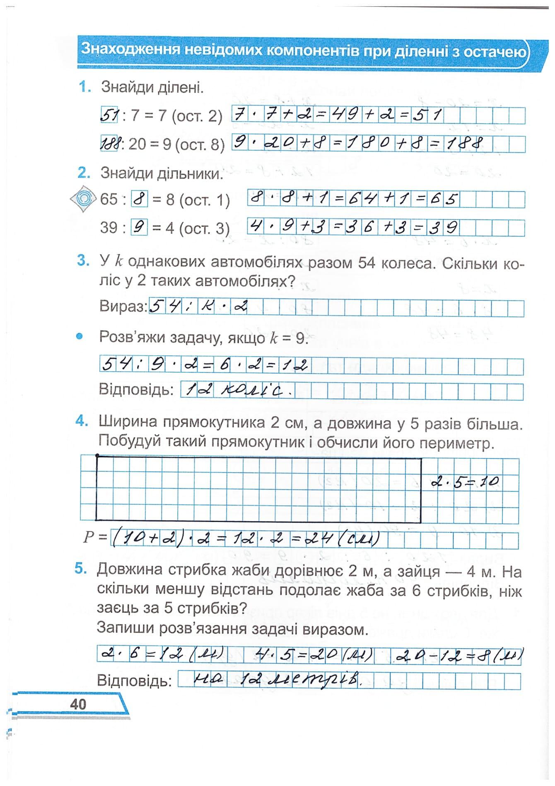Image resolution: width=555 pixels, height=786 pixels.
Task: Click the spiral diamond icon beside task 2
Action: (x=84, y=199)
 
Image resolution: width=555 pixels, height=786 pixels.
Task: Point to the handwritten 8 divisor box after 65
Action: (x=139, y=200)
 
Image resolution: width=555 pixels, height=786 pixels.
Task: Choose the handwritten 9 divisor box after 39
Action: (x=139, y=228)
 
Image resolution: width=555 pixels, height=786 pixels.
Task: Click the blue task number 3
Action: (x=83, y=261)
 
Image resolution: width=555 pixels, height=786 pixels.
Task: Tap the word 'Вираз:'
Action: (x=123, y=306)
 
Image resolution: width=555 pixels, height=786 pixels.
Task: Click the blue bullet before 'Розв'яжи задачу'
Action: (x=80, y=336)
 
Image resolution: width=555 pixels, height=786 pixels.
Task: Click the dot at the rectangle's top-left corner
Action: (x=97, y=456)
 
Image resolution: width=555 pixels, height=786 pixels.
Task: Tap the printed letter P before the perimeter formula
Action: (x=89, y=537)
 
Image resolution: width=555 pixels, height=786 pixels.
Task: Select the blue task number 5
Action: (x=81, y=569)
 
